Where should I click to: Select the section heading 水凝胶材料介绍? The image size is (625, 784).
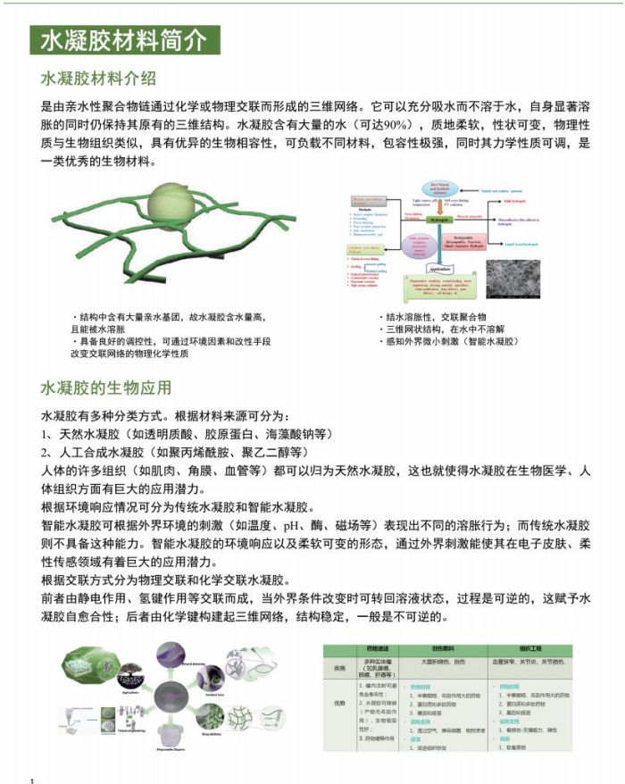click(98, 78)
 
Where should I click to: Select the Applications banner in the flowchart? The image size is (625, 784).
click(438, 269)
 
